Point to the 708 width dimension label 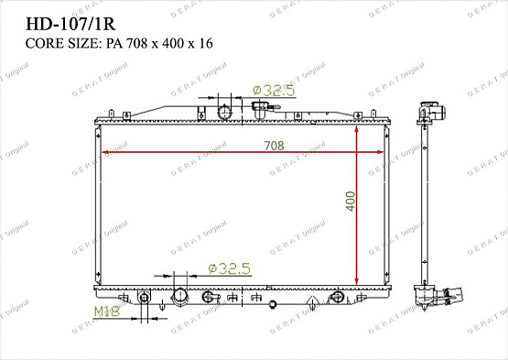tap(275, 146)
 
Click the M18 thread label tap(108, 312)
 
